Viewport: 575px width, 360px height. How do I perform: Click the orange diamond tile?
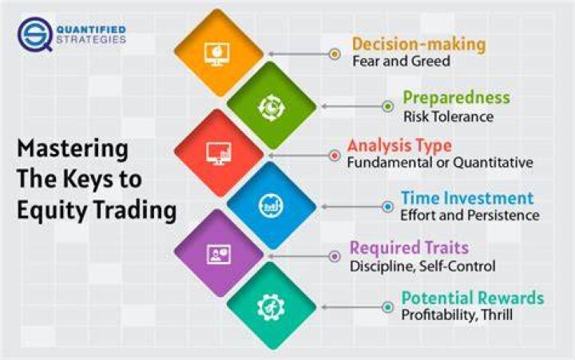219,53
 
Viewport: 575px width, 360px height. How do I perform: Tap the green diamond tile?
272,106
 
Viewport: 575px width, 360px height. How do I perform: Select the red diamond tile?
219,153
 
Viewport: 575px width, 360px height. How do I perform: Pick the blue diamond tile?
272,206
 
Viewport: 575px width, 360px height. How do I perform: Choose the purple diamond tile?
219,254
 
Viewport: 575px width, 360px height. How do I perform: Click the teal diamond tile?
272,306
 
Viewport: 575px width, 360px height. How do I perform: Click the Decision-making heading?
418,45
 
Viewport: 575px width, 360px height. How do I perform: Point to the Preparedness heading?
456,97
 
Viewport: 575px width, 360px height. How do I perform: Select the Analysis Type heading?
399,146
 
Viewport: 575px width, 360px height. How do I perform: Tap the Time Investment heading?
467,198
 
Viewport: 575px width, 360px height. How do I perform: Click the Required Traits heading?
409,247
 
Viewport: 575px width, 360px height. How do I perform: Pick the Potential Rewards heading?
472,298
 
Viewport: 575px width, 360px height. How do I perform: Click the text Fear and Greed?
401,61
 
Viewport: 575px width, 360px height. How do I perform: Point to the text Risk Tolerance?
448,117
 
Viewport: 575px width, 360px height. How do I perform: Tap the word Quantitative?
493,162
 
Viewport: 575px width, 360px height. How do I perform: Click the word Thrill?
497,315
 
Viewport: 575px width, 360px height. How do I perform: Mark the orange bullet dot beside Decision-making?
335,54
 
